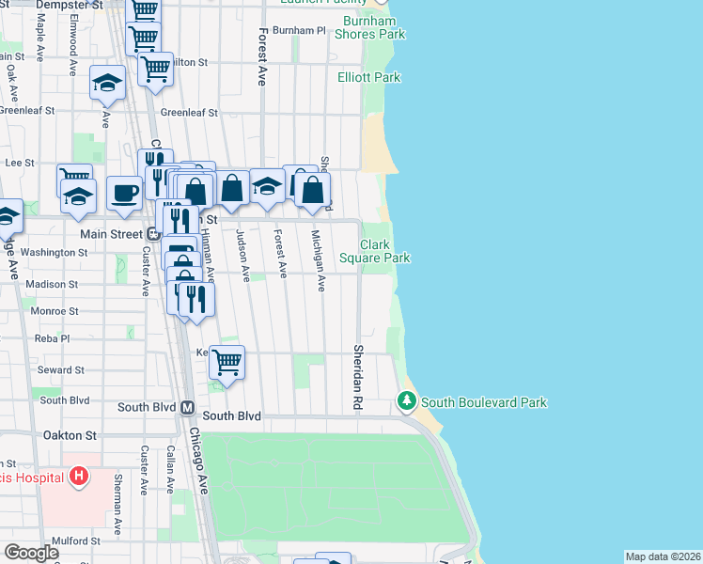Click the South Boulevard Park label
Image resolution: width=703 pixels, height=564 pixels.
coord(483,402)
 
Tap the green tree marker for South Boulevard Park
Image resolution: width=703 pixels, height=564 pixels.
coord(406,401)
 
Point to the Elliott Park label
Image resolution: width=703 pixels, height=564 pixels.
coord(368,77)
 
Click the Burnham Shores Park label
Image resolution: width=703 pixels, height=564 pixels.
coord(374,27)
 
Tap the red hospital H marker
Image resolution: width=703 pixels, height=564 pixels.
coord(80,477)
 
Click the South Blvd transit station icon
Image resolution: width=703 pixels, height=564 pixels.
coord(186,408)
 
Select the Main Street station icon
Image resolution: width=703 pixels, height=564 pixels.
coord(152,233)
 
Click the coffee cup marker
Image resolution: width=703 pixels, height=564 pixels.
coord(124,193)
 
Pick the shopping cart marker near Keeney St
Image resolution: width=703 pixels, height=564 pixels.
coord(227,360)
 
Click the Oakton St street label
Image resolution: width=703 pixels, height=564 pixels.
coord(70,435)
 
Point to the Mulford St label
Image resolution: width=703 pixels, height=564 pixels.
coord(75,541)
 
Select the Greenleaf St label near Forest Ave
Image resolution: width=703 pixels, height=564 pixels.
coord(188,112)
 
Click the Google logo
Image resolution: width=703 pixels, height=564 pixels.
coord(31,552)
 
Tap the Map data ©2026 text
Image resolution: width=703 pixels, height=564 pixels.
coord(663,556)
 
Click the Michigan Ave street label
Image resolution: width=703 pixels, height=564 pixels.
coord(318,260)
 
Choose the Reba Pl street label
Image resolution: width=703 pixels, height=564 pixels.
coord(53,337)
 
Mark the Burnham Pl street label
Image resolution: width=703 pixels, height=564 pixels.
coord(296,30)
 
